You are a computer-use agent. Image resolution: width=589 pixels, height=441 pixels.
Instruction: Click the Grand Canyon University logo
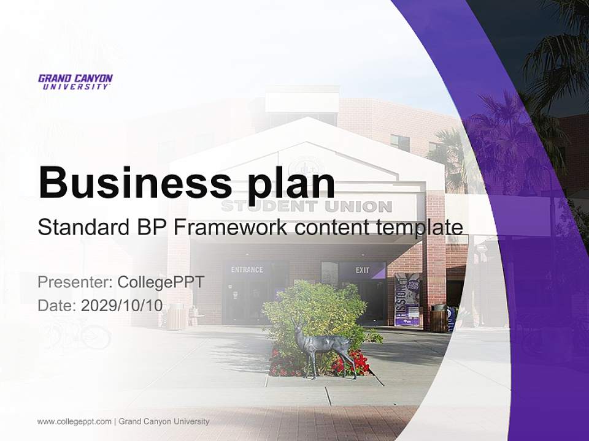[75, 81]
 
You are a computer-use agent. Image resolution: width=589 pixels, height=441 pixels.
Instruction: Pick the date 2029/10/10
[122, 306]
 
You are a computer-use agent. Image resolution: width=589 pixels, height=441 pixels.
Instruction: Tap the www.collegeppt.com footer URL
[74, 421]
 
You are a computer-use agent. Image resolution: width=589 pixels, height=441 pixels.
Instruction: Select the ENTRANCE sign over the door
[247, 269]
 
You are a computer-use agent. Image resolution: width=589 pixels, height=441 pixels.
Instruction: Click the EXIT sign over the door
[363, 270]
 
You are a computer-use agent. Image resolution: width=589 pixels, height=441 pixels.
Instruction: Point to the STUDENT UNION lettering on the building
[306, 206]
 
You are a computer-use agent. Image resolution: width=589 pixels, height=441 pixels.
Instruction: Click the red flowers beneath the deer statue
[350, 364]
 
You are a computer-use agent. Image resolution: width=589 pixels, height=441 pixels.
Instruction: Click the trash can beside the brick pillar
[439, 318]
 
